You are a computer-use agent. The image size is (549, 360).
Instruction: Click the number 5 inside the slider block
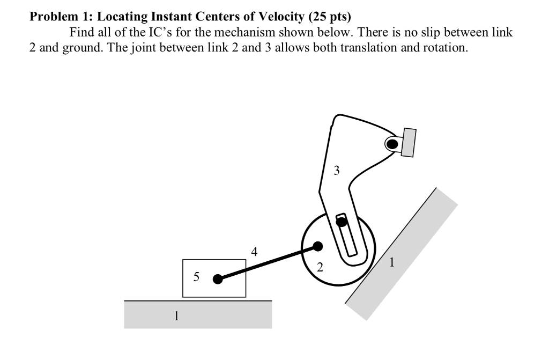click(196, 277)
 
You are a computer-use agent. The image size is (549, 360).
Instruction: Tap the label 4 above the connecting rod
click(254, 251)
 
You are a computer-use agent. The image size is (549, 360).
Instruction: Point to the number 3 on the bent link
click(336, 171)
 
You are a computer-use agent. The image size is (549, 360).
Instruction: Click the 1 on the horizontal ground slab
click(175, 315)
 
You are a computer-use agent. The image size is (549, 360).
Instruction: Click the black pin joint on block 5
click(217, 279)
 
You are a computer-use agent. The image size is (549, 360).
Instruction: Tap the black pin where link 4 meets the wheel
click(317, 246)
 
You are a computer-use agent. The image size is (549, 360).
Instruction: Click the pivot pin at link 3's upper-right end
click(392, 143)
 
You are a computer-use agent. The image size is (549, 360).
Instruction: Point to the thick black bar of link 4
click(268, 262)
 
